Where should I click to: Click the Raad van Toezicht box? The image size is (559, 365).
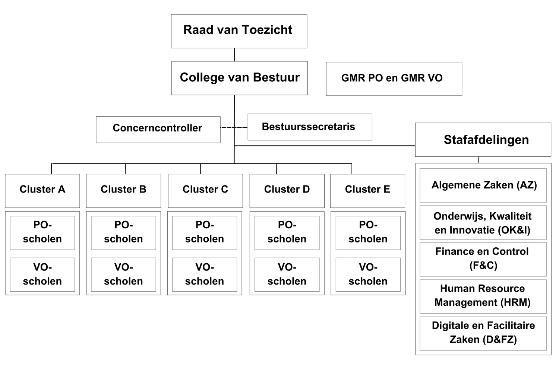[239, 31]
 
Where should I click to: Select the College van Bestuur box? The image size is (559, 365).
[239, 78]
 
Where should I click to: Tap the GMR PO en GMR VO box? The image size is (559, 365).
[394, 79]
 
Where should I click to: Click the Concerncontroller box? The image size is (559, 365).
[158, 129]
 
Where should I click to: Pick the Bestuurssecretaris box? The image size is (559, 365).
[310, 127]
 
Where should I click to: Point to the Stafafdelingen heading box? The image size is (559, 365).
[483, 140]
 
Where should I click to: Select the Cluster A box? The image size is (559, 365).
[42, 190]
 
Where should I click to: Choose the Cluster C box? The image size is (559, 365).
[205, 190]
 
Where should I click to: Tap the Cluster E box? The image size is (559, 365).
[367, 190]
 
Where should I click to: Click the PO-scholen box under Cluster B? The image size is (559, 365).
[123, 232]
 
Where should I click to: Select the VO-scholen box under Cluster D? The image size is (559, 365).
[287, 274]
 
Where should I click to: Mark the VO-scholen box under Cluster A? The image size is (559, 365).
[42, 274]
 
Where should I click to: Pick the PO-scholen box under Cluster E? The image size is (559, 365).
[368, 232]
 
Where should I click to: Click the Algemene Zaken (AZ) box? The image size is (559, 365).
[483, 185]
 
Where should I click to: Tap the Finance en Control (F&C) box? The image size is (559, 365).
[483, 259]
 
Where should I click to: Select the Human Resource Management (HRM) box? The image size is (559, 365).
[483, 296]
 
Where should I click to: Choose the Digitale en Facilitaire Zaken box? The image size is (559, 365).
[483, 333]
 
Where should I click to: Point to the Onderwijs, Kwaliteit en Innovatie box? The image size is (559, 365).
[483, 222]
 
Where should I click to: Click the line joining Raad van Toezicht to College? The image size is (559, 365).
[234, 54]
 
